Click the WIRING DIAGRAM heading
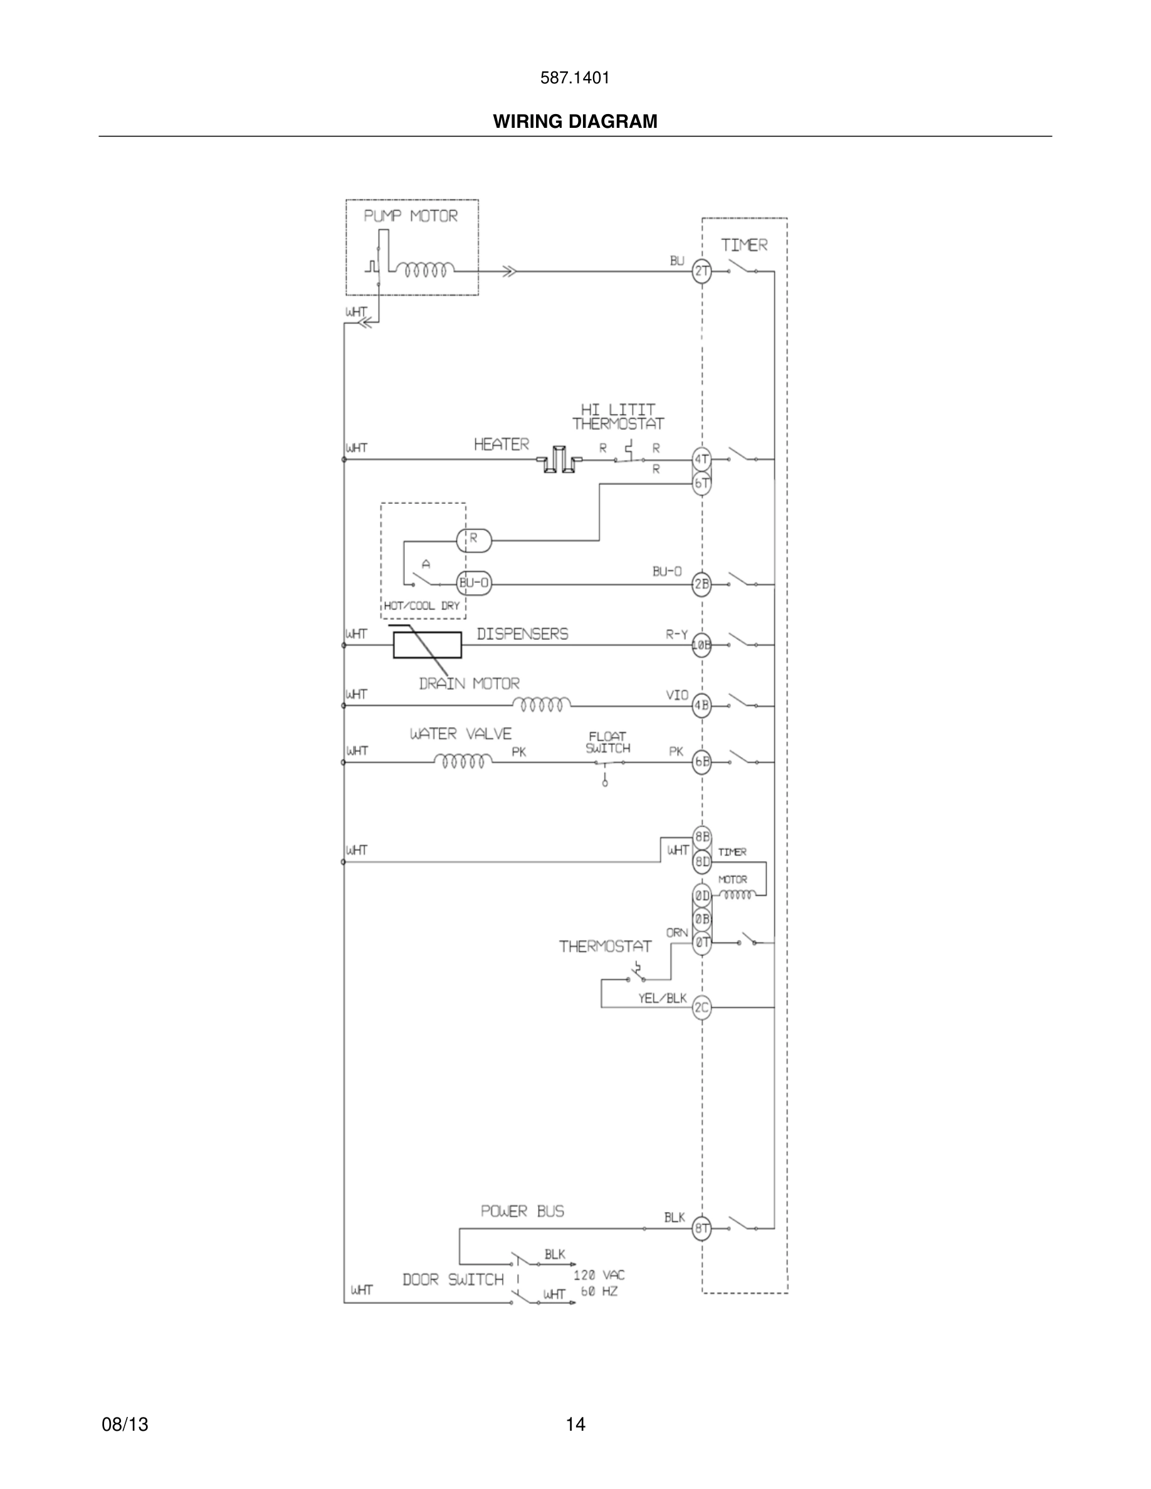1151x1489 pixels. tap(575, 122)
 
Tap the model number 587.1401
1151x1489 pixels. tap(575, 78)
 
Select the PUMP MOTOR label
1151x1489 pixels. tap(411, 216)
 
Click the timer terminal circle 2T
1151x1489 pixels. tap(702, 271)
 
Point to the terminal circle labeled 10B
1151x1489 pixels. tap(702, 645)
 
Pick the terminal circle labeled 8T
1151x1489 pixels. tap(702, 1228)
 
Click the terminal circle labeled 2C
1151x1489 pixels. tap(702, 1007)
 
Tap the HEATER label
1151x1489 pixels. tap(501, 444)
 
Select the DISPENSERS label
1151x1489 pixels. tap(522, 634)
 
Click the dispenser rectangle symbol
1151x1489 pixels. tap(427, 645)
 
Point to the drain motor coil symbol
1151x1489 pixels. tap(542, 704)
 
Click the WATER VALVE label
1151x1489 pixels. tap(460, 734)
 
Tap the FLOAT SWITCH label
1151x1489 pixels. tap(607, 743)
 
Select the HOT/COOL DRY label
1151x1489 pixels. tap(421, 605)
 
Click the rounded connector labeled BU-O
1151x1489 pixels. tap(474, 583)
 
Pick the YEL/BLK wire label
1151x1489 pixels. tap(662, 998)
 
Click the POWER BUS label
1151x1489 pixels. tap(522, 1211)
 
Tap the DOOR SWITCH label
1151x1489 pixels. tap(453, 1280)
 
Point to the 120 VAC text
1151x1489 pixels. tap(599, 1275)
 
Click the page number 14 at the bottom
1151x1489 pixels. tap(575, 1424)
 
